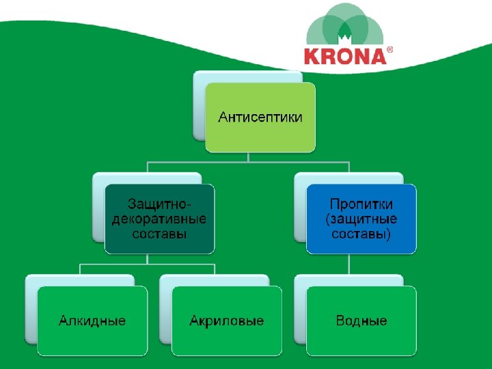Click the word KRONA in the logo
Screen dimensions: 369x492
(x=346, y=55)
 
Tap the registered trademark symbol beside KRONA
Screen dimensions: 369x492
(x=390, y=50)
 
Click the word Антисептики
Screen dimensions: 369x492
(x=260, y=117)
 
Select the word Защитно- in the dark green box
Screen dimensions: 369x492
(x=160, y=204)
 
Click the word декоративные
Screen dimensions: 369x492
(x=159, y=219)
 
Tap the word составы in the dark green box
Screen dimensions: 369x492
(x=159, y=234)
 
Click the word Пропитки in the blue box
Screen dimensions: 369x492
(x=361, y=204)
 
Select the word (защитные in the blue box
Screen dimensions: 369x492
(x=361, y=219)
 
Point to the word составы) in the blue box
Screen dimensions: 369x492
(x=361, y=234)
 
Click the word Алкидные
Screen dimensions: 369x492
(x=92, y=320)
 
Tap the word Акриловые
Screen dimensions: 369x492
(x=227, y=320)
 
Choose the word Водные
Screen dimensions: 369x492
(x=361, y=320)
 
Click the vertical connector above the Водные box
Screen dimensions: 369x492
(x=349, y=264)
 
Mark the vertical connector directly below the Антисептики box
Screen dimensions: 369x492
(x=249, y=156)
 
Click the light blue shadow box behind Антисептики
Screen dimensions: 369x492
(x=200, y=102)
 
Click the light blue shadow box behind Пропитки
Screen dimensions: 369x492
(x=300, y=205)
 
